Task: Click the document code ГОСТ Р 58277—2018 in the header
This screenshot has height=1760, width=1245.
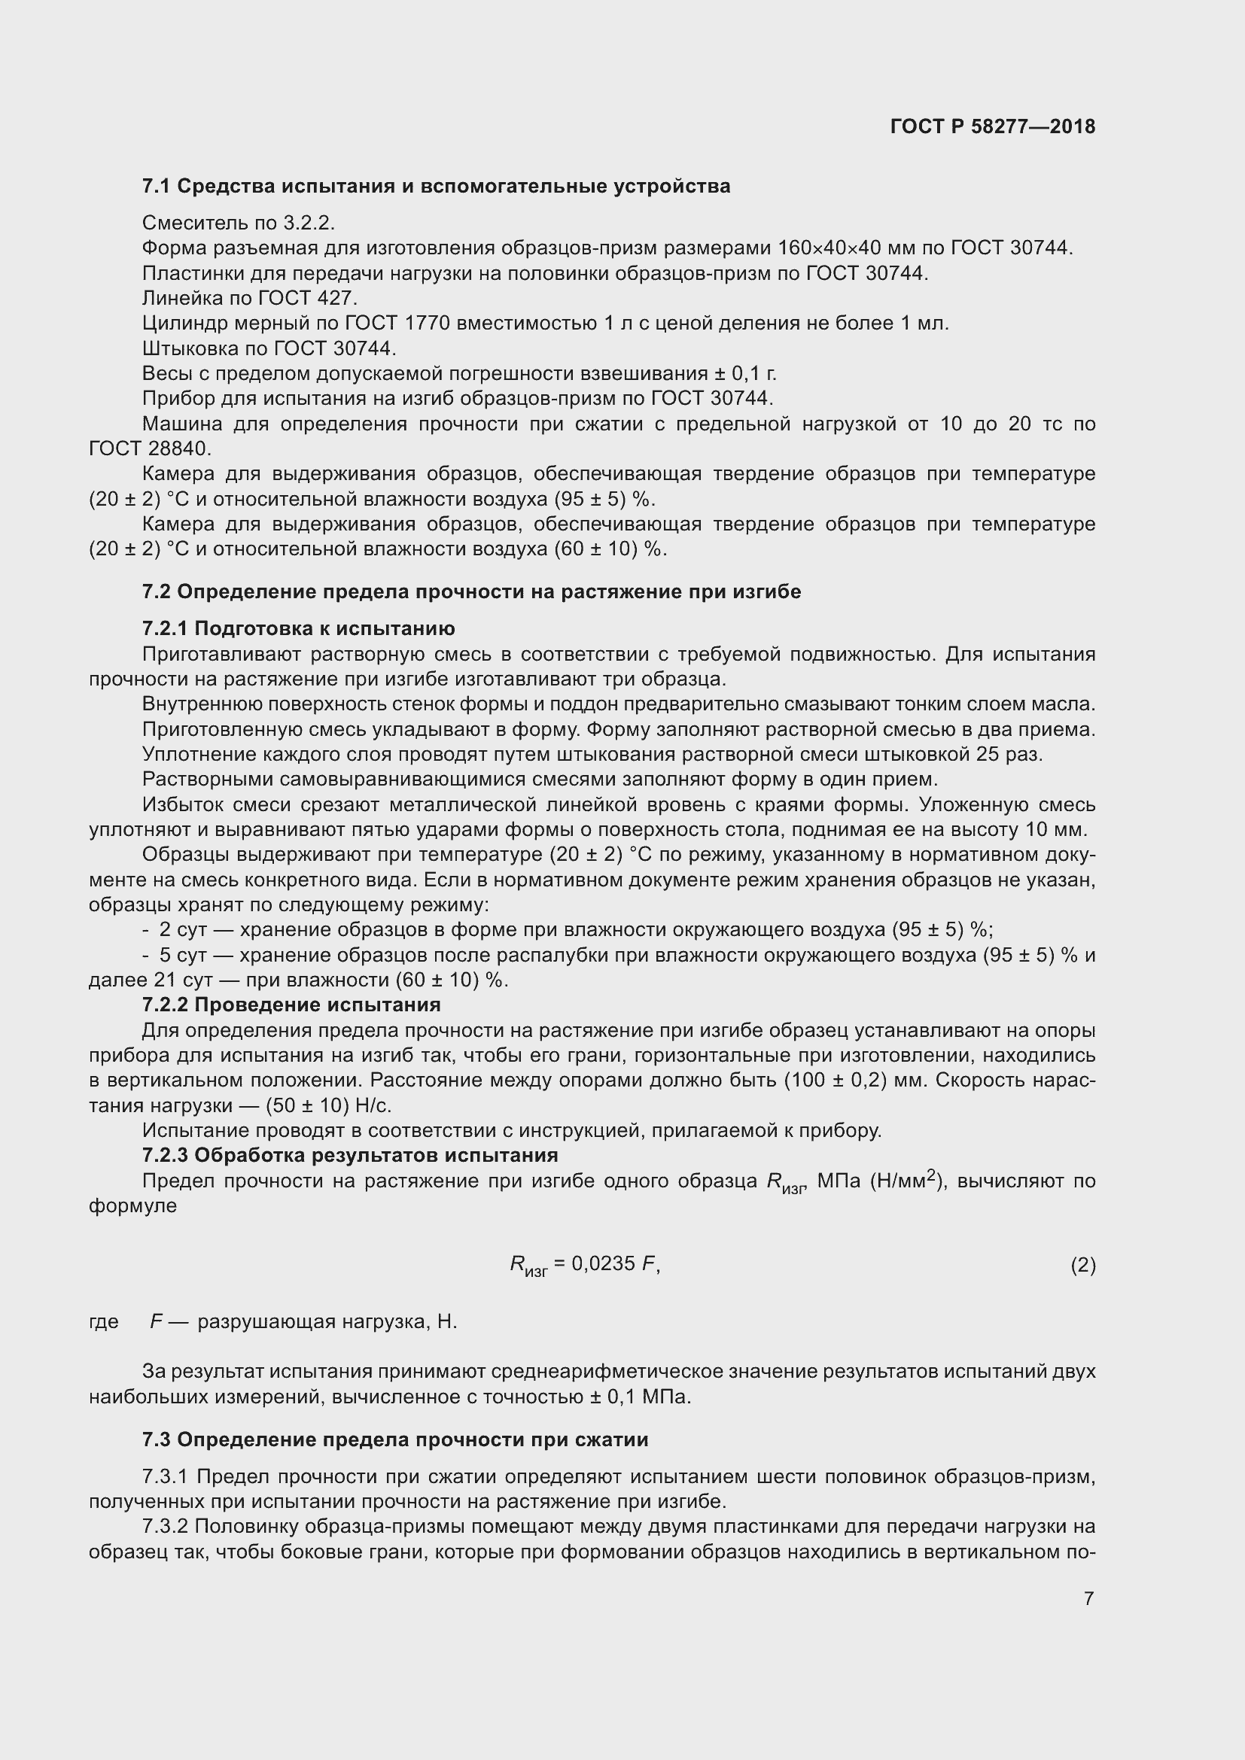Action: coord(992,126)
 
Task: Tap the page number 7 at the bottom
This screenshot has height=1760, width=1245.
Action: coord(1088,1598)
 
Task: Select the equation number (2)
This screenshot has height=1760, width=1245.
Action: coord(1082,1265)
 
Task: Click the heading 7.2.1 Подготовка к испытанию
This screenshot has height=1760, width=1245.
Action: coord(298,628)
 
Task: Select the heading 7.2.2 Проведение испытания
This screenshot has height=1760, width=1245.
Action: coord(291,1005)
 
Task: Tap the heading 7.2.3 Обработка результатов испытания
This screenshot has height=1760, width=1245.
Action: coord(349,1155)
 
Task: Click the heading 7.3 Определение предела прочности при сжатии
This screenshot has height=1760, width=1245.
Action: coord(395,1439)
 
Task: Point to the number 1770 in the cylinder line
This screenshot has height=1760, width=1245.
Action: coord(425,324)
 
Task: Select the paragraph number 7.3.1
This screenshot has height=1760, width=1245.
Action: coord(165,1476)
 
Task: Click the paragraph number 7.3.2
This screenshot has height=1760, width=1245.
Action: coord(165,1526)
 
